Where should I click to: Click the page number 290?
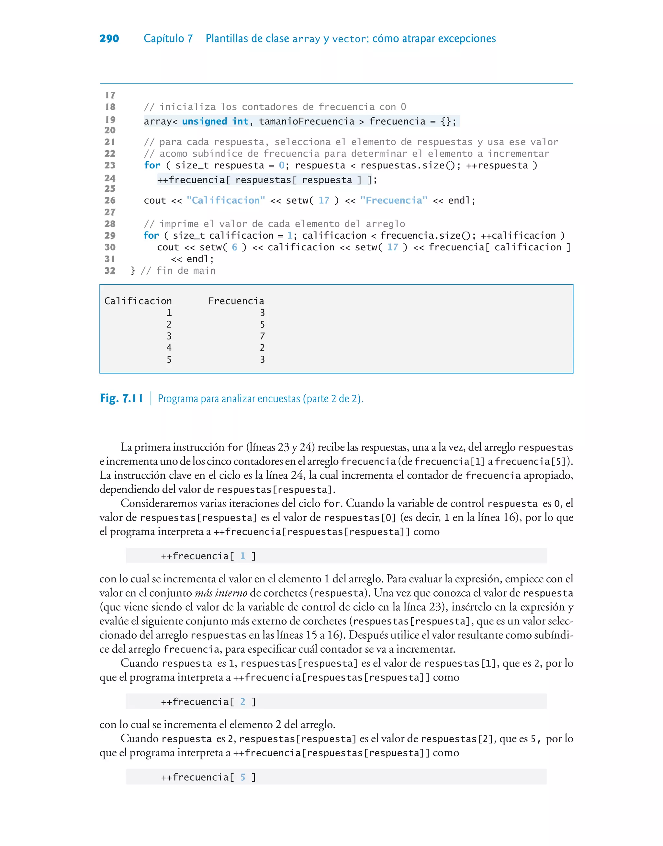(x=109, y=39)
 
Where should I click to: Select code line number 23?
(x=110, y=166)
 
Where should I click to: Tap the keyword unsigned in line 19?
(x=204, y=121)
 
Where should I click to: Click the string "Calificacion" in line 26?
(x=226, y=200)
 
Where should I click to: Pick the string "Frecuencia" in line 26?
(x=394, y=200)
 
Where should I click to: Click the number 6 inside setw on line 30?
(x=234, y=247)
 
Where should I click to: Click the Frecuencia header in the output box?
(x=236, y=301)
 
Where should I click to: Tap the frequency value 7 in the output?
(x=263, y=336)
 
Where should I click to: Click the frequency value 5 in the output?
(x=263, y=324)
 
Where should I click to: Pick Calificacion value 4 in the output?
(x=169, y=348)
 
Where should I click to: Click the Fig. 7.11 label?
(x=121, y=398)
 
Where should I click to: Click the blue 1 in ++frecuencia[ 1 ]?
(x=242, y=556)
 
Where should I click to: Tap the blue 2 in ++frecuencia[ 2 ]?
(x=242, y=702)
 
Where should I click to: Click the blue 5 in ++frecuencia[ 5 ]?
(x=242, y=777)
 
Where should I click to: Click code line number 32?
(x=110, y=271)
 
